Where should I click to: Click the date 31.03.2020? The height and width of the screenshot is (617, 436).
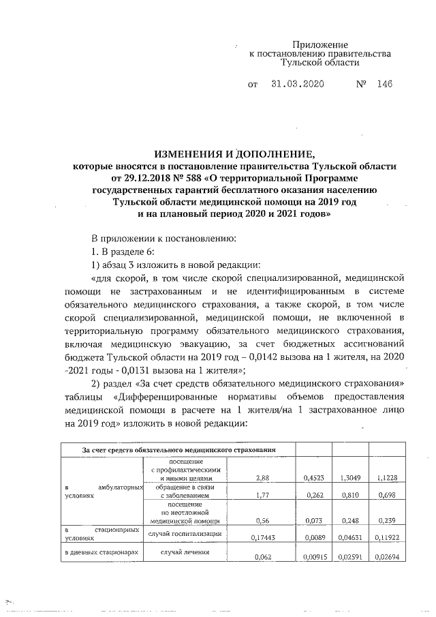pos(297,86)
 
